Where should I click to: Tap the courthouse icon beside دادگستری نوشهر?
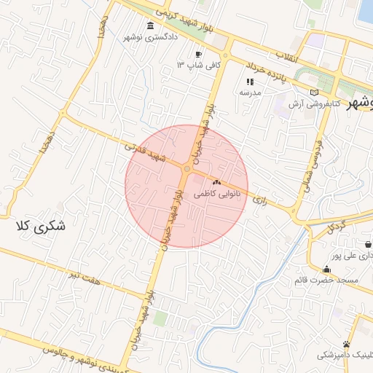coord(151,26)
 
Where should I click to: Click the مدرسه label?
coord(251,93)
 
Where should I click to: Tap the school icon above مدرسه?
coord(251,82)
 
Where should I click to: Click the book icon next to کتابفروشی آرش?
coord(315,93)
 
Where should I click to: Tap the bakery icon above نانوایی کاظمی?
coord(216,181)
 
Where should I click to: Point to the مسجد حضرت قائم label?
coord(324,280)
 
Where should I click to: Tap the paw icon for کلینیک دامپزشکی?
coord(346,344)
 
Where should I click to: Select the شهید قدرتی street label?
coord(146,154)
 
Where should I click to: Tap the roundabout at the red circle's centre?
coord(186,169)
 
